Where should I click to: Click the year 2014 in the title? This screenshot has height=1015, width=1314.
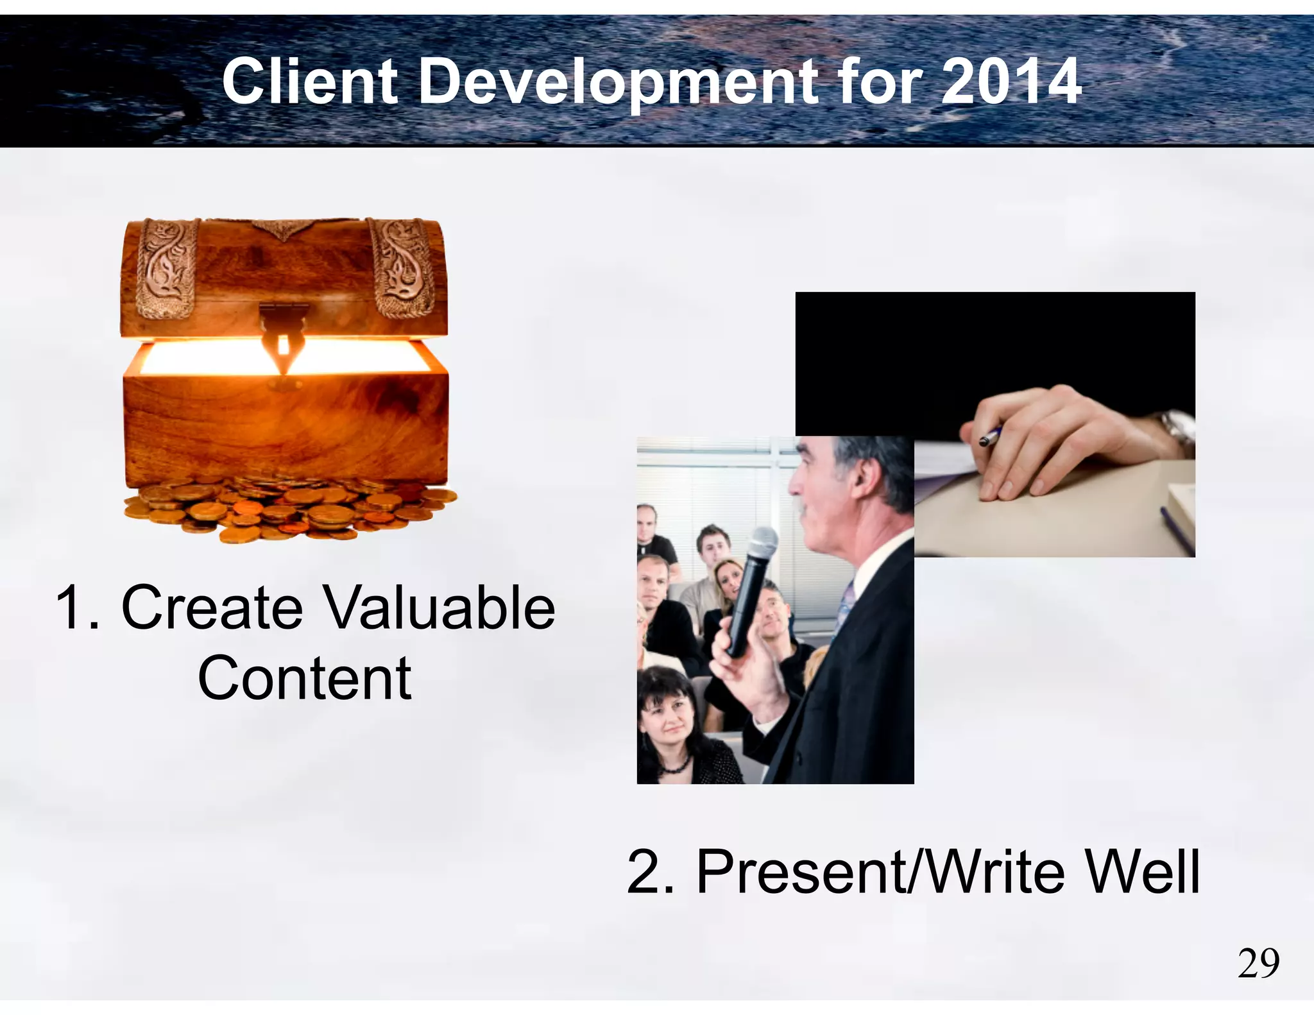coord(1011,81)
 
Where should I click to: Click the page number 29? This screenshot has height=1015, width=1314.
coord(1258,963)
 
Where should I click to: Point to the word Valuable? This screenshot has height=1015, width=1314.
coord(439,607)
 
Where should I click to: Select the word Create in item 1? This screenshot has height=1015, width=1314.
coord(212,607)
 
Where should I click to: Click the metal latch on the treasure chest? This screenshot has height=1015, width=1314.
coord(283,334)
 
